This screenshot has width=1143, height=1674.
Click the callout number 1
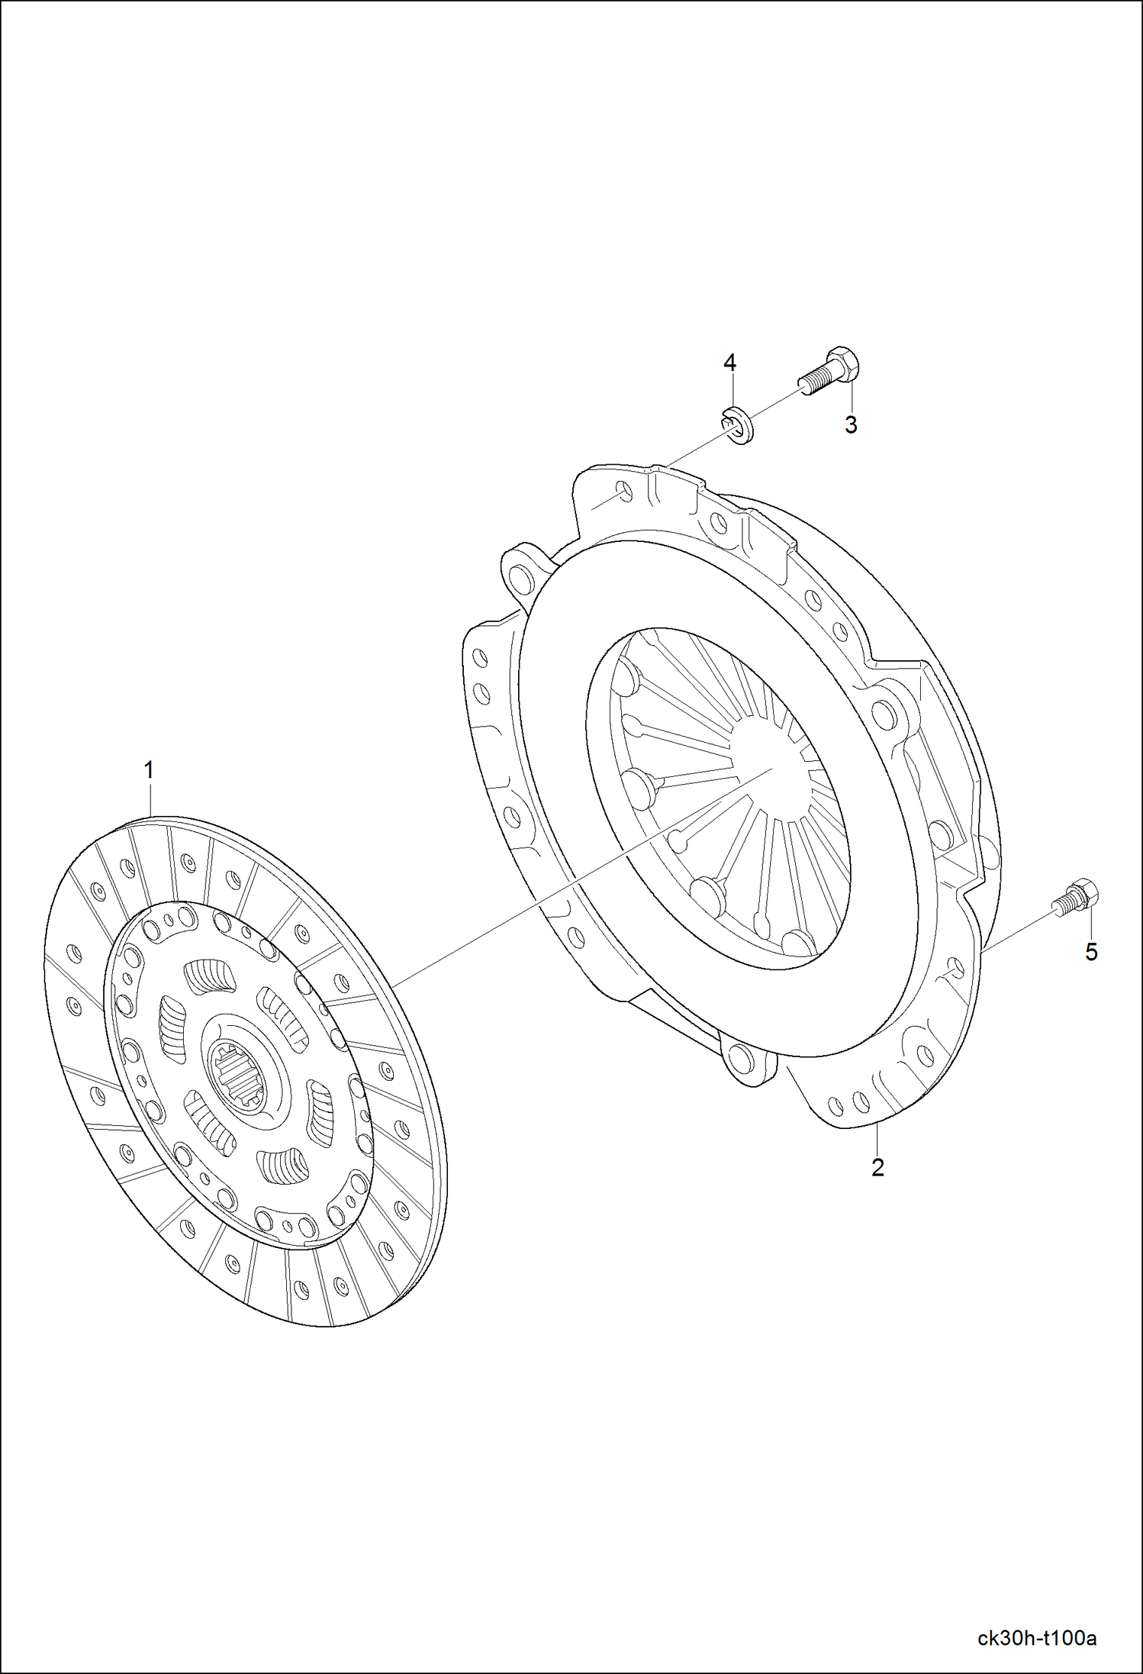(x=150, y=770)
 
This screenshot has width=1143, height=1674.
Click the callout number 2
(x=877, y=1167)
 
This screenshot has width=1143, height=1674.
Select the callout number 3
(x=851, y=425)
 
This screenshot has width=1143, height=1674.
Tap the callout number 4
(x=729, y=363)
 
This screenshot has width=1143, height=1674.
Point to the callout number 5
(x=1092, y=952)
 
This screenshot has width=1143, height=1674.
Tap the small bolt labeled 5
(x=1077, y=898)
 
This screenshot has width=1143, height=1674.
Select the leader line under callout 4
(x=730, y=392)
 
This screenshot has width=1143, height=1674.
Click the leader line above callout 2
(x=877, y=1140)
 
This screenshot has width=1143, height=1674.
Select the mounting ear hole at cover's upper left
(x=521, y=574)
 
